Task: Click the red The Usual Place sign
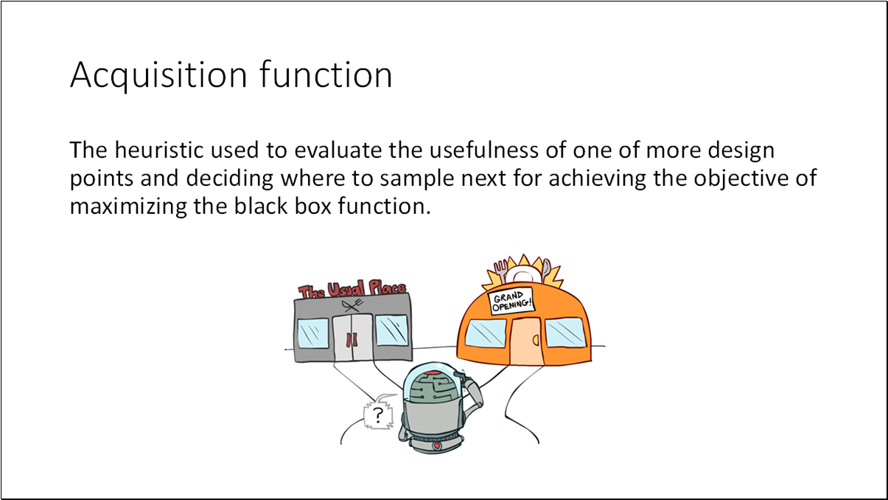pyautogui.click(x=352, y=290)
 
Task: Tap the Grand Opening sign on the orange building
pyautogui.click(x=511, y=302)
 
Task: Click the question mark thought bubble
pyautogui.click(x=378, y=415)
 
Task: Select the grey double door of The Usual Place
pyautogui.click(x=352, y=338)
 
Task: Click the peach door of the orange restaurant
pyautogui.click(x=526, y=341)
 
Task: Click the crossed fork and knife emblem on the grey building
pyautogui.click(x=351, y=305)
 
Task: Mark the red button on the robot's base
pyautogui.click(x=437, y=446)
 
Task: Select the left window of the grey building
pyautogui.click(x=313, y=332)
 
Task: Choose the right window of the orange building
pyautogui.click(x=567, y=334)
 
